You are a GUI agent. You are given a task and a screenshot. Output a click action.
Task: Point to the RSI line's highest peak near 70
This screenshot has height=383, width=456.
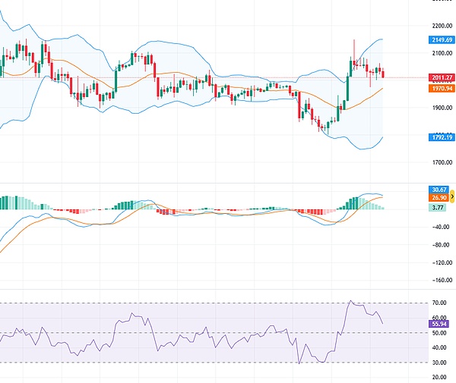point(350,301)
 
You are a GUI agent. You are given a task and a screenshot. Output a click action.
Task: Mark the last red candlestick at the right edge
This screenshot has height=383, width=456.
point(383,73)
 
